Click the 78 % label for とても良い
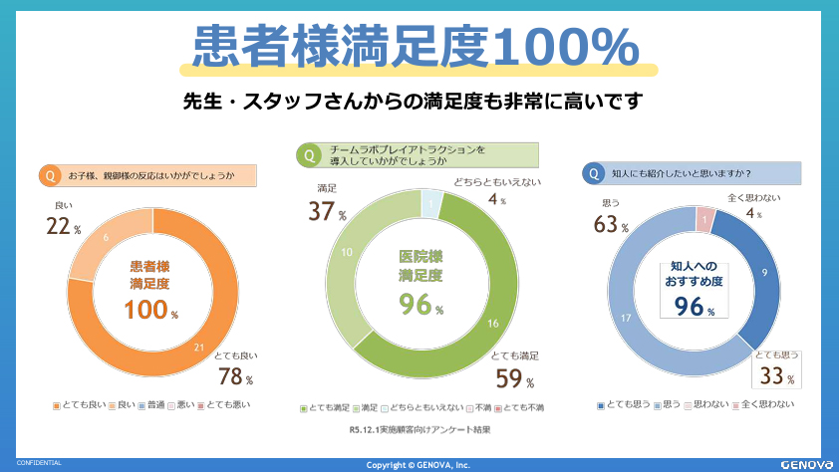click(x=235, y=376)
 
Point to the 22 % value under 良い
click(x=63, y=227)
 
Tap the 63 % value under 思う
click(x=610, y=225)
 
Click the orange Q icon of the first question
click(x=48, y=176)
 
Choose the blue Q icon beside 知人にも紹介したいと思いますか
click(x=594, y=173)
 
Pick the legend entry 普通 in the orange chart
click(x=153, y=404)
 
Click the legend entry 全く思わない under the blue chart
click(x=765, y=404)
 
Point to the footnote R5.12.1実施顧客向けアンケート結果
click(x=419, y=430)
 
